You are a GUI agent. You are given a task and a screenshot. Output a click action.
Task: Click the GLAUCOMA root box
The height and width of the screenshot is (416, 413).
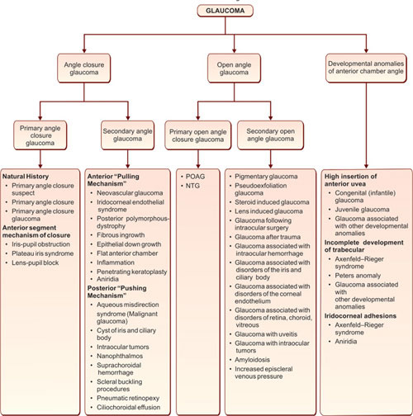225,11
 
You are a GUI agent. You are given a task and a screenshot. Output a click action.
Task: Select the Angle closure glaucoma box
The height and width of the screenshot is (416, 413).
84,69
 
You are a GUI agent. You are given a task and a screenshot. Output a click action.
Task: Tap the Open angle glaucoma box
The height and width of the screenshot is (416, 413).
234,69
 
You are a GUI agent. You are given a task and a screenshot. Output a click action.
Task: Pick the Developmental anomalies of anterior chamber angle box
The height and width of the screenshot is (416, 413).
366,68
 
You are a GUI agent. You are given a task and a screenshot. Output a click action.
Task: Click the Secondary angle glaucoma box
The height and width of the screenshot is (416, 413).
127,135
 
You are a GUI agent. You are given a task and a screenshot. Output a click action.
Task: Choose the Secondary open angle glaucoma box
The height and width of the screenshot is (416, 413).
270,135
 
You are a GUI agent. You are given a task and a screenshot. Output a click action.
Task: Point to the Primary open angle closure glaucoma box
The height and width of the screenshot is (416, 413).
198,135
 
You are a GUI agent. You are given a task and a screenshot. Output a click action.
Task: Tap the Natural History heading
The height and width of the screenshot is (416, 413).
26,177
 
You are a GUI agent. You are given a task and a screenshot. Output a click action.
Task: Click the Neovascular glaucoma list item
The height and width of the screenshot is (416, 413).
130,193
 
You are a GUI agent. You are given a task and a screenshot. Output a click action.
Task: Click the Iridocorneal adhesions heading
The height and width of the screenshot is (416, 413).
360,316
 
